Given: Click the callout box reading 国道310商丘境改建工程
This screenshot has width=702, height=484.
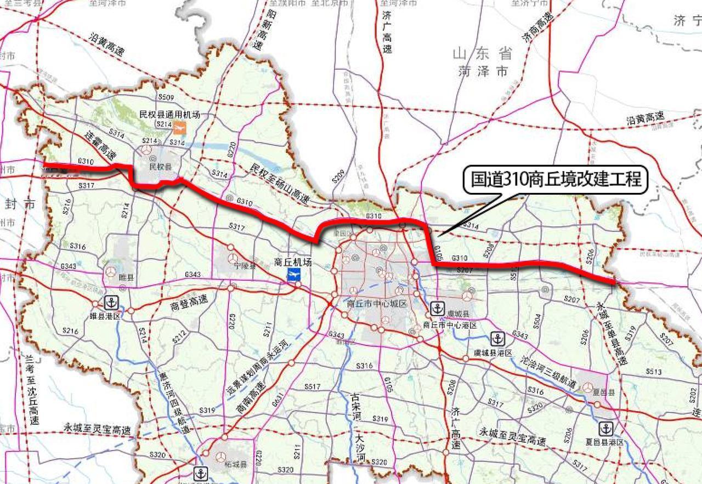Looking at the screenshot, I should [556, 179].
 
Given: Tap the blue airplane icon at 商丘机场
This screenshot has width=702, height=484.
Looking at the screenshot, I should [295, 275].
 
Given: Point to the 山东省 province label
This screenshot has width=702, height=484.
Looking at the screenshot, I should [483, 54].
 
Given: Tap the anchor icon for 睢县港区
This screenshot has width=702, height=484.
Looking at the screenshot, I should [112, 302].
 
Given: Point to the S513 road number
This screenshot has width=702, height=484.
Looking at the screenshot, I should [654, 372].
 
